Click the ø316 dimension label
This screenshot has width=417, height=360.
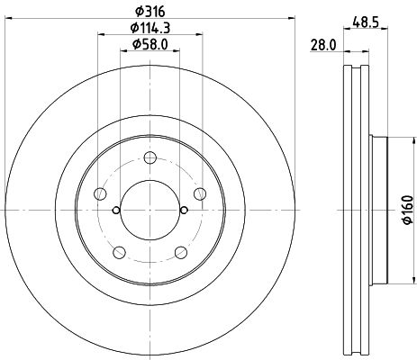click(x=150, y=12)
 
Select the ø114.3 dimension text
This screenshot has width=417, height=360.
click(x=150, y=28)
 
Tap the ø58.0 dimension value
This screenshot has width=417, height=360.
click(x=150, y=44)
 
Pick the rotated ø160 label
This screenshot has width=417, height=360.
click(x=405, y=209)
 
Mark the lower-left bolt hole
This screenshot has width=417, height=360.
click(x=119, y=251)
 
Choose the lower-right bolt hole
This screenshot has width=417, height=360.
click(x=180, y=251)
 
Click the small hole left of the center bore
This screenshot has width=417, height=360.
click(x=116, y=211)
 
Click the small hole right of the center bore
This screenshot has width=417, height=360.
click(x=184, y=211)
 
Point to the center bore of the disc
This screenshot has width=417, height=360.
click(x=150, y=210)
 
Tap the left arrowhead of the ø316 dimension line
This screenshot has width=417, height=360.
click(x=9, y=20)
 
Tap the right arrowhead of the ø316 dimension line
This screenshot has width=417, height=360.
click(x=291, y=20)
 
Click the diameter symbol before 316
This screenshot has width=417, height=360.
click(x=137, y=12)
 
